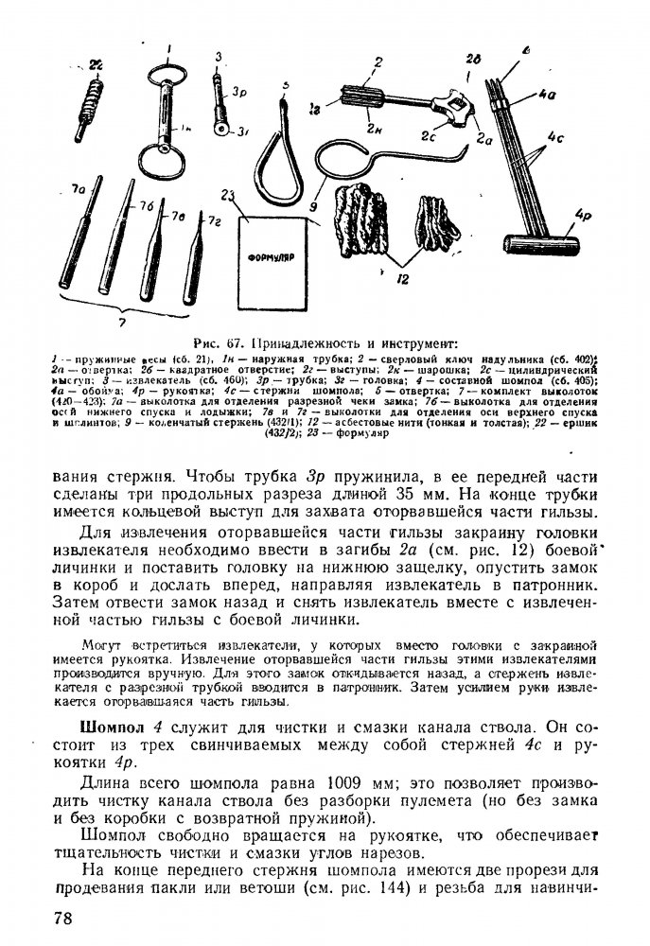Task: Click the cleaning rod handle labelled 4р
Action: pyautogui.click(x=558, y=249)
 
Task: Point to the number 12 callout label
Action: pyautogui.click(x=403, y=280)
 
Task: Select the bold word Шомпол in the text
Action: pyautogui.click(x=116, y=727)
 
